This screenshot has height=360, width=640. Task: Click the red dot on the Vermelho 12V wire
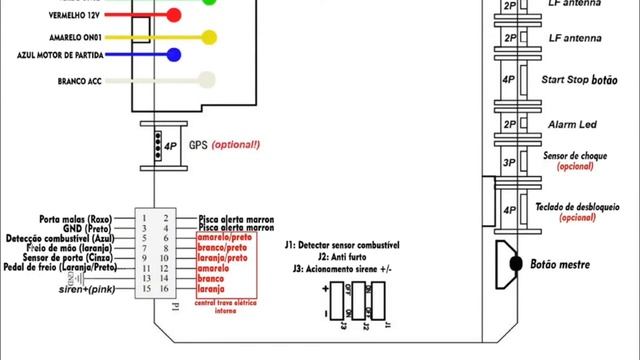[174, 16]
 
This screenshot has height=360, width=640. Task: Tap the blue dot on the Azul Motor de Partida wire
[174, 55]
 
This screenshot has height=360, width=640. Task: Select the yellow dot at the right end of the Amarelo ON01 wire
[209, 37]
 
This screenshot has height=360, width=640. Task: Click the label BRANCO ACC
[72, 81]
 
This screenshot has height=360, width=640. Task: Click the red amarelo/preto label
[224, 238]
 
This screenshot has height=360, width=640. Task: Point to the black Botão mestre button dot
[517, 263]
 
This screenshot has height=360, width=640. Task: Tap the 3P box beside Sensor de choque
[508, 163]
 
